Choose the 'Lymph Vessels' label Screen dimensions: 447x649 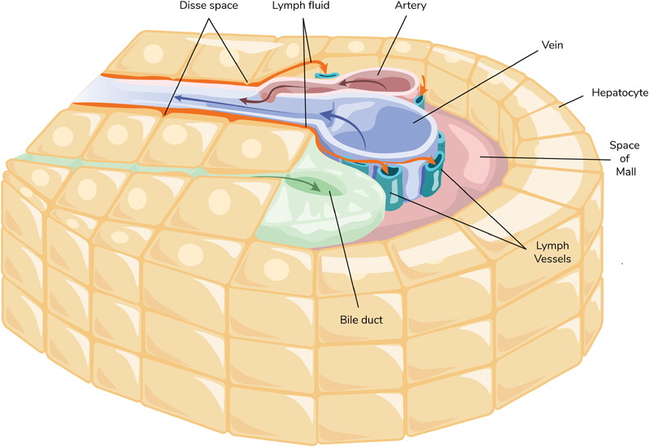tap(552, 252)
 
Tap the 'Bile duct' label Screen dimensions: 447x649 tap(360, 320)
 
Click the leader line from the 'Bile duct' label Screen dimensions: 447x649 tap(344, 251)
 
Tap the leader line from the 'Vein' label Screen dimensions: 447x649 tap(479, 81)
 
